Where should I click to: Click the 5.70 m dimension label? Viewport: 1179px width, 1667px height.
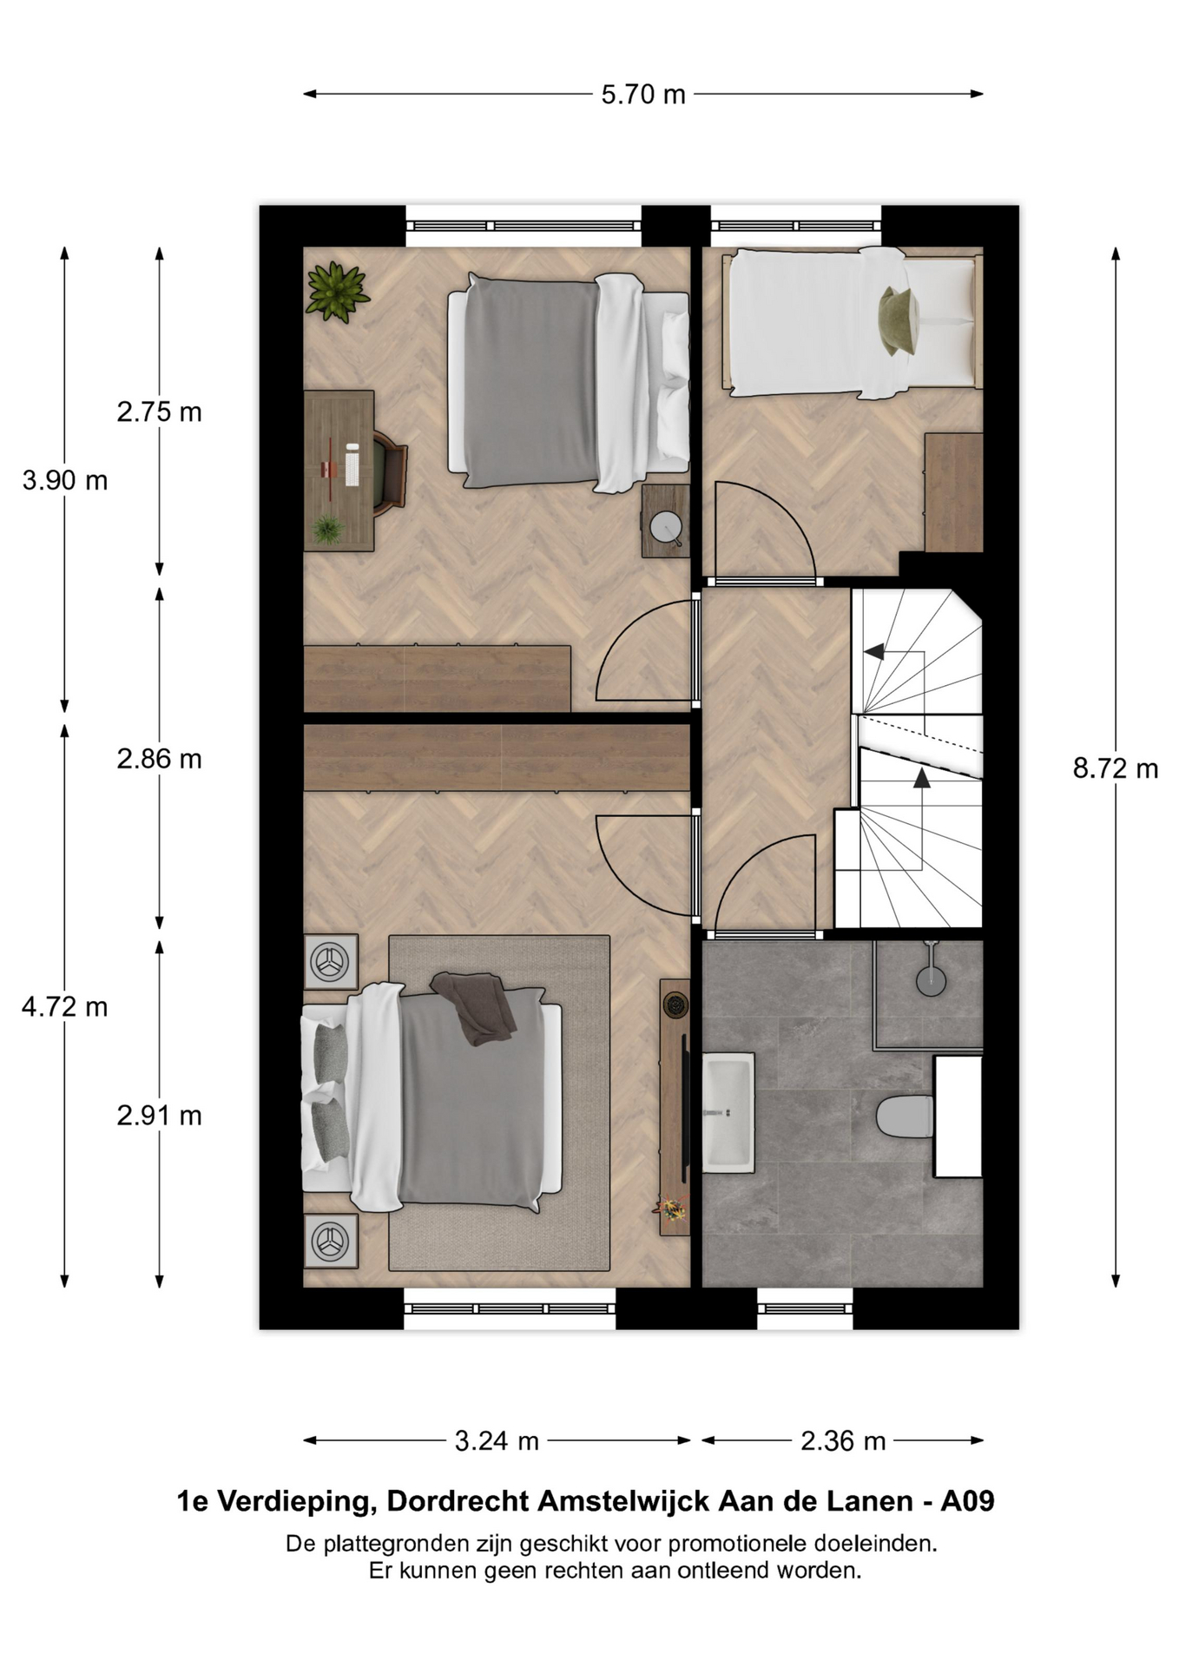tap(643, 94)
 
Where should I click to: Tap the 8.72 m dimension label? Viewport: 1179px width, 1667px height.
tap(1116, 768)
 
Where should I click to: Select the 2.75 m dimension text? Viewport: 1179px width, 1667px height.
tap(160, 412)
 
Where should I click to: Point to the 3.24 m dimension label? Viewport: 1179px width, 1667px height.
tap(497, 1441)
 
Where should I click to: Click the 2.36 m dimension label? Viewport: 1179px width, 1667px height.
tap(843, 1441)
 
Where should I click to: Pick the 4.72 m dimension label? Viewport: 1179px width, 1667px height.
tap(65, 1007)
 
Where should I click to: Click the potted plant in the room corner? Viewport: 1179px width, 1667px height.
tap(337, 292)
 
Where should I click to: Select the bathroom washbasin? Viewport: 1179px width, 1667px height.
tap(728, 1112)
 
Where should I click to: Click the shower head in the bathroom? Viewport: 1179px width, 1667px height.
tap(931, 976)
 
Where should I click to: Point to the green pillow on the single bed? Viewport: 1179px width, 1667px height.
tap(899, 321)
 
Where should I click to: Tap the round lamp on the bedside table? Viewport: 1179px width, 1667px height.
tap(667, 526)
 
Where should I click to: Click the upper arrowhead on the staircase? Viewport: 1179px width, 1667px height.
tap(873, 651)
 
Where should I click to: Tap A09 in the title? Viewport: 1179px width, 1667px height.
tap(967, 1501)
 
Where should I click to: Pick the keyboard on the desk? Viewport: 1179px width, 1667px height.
tap(352, 465)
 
